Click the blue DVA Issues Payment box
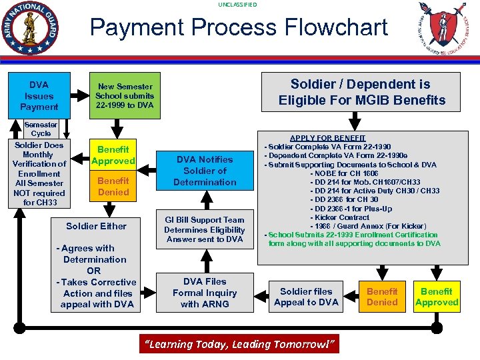(x=39, y=96)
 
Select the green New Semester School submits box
(x=125, y=96)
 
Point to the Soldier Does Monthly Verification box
(x=39, y=173)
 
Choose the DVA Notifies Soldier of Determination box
(x=205, y=171)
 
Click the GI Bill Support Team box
(x=205, y=229)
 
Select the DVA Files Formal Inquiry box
(x=205, y=293)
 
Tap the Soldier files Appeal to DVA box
(x=306, y=297)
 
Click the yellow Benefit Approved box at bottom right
(x=437, y=297)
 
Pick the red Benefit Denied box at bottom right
(x=382, y=297)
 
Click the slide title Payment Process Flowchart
(x=239, y=27)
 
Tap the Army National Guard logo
(x=30, y=27)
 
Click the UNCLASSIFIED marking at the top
(x=237, y=5)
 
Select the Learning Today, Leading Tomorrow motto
(x=239, y=344)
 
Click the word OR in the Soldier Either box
(x=93, y=271)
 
